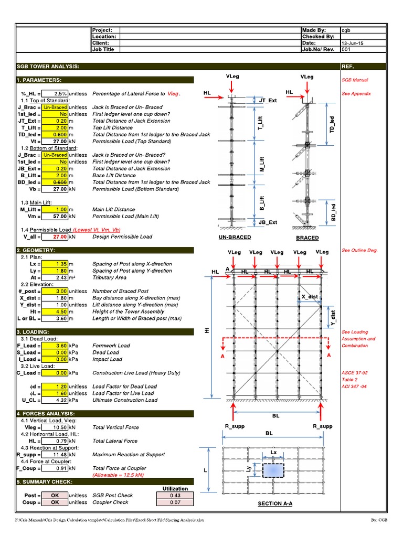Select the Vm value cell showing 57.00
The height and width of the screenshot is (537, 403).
55,216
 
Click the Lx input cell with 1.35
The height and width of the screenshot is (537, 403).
55,264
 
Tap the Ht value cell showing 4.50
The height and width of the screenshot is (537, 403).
55,312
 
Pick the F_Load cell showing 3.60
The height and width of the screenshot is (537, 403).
55,346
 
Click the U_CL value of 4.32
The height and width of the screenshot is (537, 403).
55,400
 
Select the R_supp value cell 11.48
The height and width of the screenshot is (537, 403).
55,455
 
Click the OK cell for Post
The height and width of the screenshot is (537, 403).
55,495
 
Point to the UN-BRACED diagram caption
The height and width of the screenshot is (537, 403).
235,238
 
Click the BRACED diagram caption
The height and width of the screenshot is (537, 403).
307,238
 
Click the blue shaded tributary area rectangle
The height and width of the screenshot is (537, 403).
273,470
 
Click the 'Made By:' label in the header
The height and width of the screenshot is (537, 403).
314,30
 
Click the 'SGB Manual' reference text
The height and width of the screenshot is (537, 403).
355,80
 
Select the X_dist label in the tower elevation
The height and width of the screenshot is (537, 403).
310,297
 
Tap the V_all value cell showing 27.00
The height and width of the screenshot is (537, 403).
55,237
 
